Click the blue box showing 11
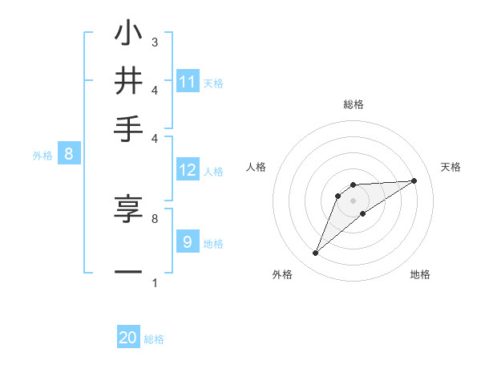click(x=188, y=81)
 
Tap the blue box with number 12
click(x=188, y=169)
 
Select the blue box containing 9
click(x=188, y=241)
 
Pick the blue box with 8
click(x=69, y=154)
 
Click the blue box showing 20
click(x=128, y=338)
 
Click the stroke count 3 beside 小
click(x=154, y=41)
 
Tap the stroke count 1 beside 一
click(x=154, y=282)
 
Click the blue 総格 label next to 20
click(x=154, y=339)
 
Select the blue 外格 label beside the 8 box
click(x=42, y=156)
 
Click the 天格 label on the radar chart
click(x=451, y=167)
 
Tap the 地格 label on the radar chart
click(x=420, y=274)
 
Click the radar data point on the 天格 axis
click(x=414, y=180)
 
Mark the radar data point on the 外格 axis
click(x=316, y=253)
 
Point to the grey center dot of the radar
click(x=354, y=201)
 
